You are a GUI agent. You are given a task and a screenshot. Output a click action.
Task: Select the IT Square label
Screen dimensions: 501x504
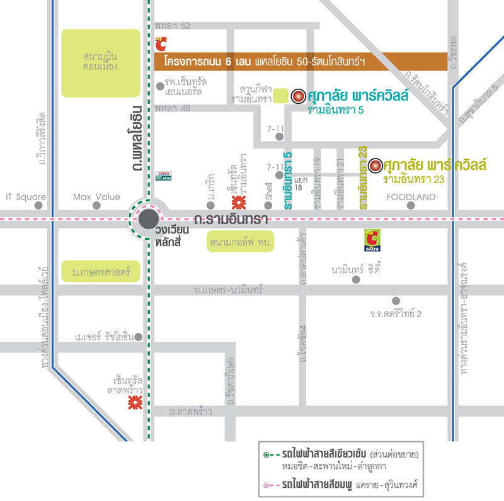(x=26, y=197)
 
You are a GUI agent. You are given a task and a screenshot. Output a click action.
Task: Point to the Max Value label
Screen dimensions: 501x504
(x=96, y=197)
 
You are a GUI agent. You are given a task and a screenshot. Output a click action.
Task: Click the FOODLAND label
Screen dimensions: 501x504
(x=411, y=197)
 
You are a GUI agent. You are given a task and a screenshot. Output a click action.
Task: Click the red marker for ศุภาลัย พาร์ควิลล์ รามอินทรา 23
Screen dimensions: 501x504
(x=375, y=166)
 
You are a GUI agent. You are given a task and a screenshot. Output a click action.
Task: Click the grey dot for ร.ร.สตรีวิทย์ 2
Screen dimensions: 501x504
(x=396, y=301)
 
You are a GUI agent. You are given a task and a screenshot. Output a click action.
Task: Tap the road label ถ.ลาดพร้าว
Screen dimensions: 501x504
(x=190, y=412)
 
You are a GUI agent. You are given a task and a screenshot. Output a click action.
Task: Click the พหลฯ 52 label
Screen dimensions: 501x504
(x=172, y=26)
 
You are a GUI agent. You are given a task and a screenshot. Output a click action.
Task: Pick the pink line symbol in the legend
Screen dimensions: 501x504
(x=270, y=485)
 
